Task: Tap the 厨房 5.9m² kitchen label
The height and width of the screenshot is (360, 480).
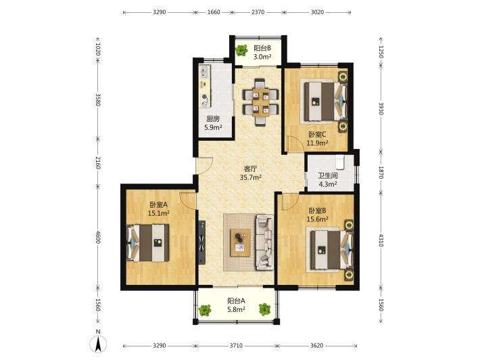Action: (x=213, y=123)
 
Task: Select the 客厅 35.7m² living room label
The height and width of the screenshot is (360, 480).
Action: (x=250, y=173)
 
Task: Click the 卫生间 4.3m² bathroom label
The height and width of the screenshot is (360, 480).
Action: (x=328, y=180)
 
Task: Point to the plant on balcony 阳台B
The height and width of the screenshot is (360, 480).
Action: (x=241, y=50)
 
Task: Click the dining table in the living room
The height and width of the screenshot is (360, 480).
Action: (x=260, y=102)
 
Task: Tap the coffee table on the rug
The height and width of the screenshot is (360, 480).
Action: (x=240, y=243)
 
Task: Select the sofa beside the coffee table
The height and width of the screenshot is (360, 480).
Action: (x=265, y=243)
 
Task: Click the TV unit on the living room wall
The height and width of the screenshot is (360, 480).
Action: (x=201, y=242)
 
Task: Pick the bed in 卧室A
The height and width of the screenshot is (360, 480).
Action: (x=148, y=243)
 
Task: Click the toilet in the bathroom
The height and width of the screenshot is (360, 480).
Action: (x=341, y=162)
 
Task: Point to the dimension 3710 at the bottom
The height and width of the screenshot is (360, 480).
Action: (x=236, y=346)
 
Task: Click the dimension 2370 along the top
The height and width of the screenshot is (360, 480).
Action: (x=258, y=12)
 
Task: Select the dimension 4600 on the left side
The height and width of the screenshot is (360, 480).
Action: (x=98, y=237)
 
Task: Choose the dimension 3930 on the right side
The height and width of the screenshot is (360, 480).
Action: (x=381, y=108)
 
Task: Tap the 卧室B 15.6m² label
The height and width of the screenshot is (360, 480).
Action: (x=317, y=215)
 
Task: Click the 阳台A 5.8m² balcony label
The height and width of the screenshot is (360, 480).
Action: (x=236, y=305)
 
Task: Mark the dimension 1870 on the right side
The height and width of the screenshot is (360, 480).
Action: (x=381, y=172)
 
